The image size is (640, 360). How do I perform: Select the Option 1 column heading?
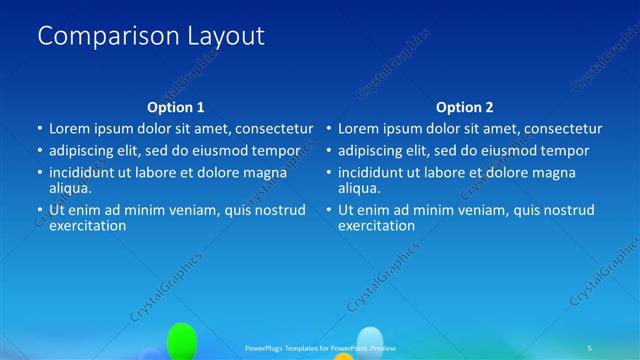click(176, 107)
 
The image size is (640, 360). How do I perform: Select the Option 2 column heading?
click(464, 107)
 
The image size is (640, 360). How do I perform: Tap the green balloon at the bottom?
click(181, 340)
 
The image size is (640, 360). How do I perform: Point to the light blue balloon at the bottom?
click(371, 341)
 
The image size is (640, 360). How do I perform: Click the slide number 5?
click(590, 347)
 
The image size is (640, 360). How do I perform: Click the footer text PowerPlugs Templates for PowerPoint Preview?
click(319, 347)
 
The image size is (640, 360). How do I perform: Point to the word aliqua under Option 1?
click(70, 187)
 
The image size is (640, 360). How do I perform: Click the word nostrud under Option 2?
click(569, 210)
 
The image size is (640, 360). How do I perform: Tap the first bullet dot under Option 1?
click(40, 129)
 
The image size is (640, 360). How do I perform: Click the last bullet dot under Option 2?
click(329, 210)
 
